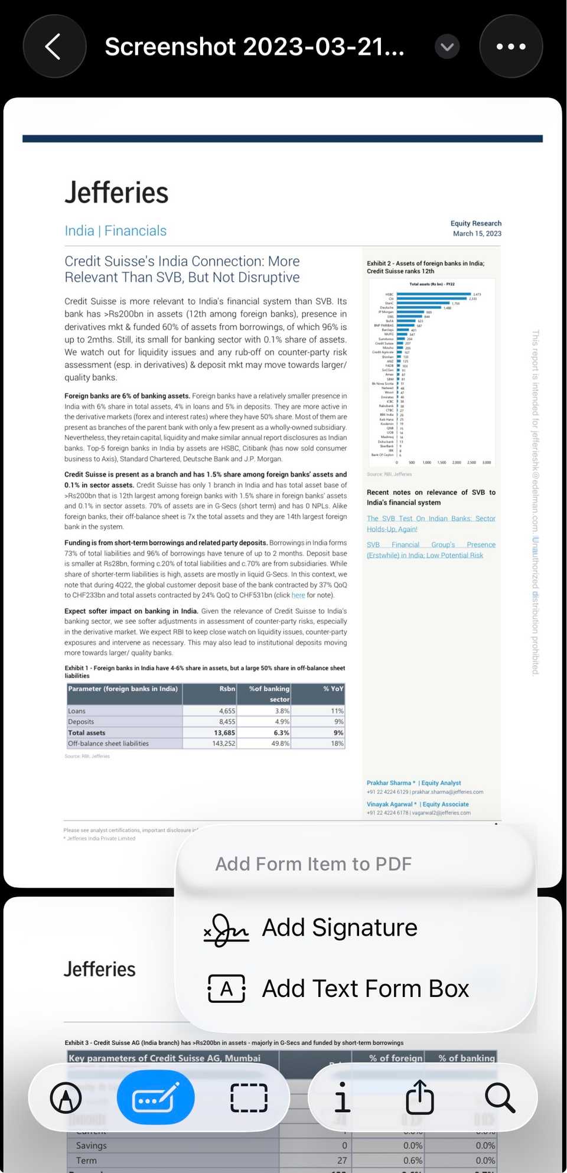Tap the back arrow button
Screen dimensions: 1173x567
point(54,47)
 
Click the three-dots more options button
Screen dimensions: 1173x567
point(511,47)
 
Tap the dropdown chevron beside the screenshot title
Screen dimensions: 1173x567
point(447,47)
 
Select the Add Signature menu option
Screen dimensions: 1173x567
point(339,928)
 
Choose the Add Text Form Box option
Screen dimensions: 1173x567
point(364,989)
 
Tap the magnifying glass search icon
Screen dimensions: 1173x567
point(500,1098)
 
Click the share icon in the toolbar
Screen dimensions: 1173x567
point(420,1098)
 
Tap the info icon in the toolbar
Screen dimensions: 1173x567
point(341,1098)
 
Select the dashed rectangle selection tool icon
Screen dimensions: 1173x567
point(249,1098)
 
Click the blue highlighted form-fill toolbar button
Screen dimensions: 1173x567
point(156,1098)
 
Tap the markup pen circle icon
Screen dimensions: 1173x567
point(66,1098)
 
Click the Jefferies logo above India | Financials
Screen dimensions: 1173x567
point(116,193)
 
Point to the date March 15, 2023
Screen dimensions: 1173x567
point(477,234)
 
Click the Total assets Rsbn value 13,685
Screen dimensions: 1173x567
point(224,733)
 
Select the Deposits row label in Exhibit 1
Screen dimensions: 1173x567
point(81,722)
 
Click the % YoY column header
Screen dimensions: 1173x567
point(333,689)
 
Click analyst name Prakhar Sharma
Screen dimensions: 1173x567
point(389,783)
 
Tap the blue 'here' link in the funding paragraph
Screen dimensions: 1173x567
point(298,595)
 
